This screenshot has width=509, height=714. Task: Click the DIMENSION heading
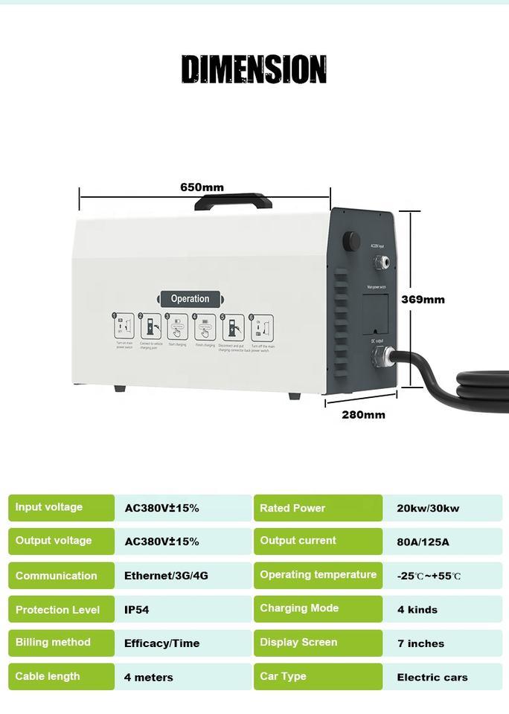[254, 69]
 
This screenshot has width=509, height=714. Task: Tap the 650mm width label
[202, 187]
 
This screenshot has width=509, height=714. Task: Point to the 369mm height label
[423, 299]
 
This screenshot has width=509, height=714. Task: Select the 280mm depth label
[363, 414]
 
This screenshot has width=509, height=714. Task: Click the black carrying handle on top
[232, 202]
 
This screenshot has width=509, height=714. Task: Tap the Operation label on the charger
[190, 299]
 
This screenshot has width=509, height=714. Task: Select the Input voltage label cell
[61, 508]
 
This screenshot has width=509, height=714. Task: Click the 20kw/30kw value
[428, 509]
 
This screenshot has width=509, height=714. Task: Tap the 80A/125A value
[423, 542]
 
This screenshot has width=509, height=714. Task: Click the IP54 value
[137, 610]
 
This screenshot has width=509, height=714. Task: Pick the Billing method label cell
[61, 643]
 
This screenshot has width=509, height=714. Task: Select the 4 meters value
[149, 678]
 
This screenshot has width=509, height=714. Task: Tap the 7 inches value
[420, 644]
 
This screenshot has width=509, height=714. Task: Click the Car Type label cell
[318, 677]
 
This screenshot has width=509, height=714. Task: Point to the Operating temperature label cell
[318, 576]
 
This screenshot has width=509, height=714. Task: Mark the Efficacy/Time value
[161, 644]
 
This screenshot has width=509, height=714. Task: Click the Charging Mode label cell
[318, 609]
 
